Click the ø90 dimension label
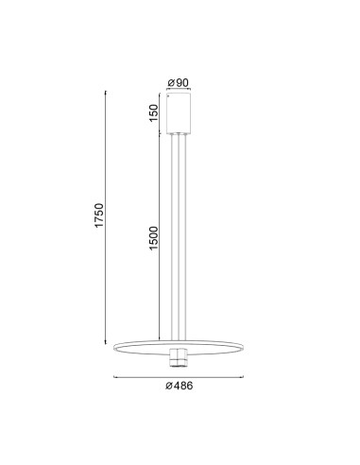178,83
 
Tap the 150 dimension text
153,112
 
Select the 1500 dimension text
153,238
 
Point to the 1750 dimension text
99,215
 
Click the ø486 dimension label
179,386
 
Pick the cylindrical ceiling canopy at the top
179,112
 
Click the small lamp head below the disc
179,357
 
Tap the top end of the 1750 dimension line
106,91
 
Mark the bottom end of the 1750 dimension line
106,343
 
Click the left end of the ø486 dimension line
113,377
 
